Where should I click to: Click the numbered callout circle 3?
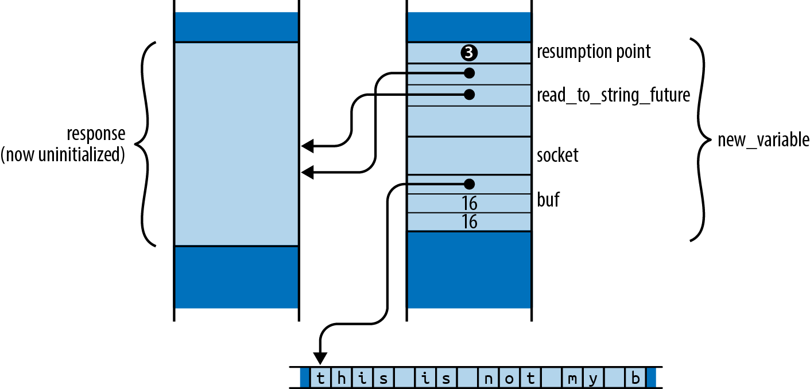point(469,53)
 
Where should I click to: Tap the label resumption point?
point(594,52)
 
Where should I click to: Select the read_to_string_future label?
point(613,95)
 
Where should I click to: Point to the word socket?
point(557,155)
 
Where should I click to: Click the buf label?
point(548,200)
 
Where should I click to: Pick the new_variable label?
point(763,139)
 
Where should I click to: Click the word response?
point(96,134)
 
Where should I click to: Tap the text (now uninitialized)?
point(63,155)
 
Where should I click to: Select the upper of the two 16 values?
point(469,204)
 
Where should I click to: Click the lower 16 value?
point(469,222)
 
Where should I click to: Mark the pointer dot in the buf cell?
point(469,184)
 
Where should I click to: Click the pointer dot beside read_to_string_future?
point(469,94)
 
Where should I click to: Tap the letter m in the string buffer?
point(572,378)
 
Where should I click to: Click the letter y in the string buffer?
point(594,379)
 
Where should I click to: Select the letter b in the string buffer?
point(635,378)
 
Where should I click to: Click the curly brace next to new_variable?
point(699,139)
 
